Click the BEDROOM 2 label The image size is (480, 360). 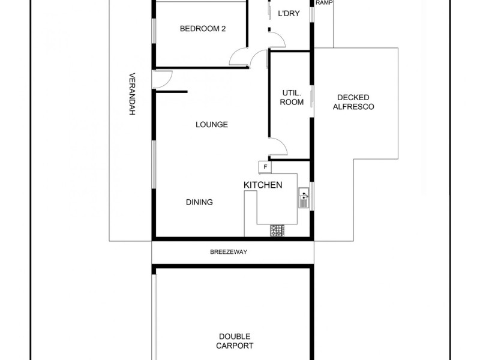click(x=203, y=29)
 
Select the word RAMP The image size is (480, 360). click(x=324, y=3)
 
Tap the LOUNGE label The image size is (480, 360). click(x=211, y=125)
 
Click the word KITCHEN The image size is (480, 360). click(x=262, y=185)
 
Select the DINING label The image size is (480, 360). click(x=199, y=202)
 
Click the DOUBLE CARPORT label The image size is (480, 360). click(x=235, y=341)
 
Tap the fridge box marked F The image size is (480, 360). click(x=265, y=166)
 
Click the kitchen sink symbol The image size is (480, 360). click(x=304, y=197)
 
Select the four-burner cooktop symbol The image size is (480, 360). click(x=277, y=230)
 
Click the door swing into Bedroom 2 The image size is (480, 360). click(x=239, y=58)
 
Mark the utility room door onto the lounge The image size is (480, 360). click(x=277, y=145)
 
